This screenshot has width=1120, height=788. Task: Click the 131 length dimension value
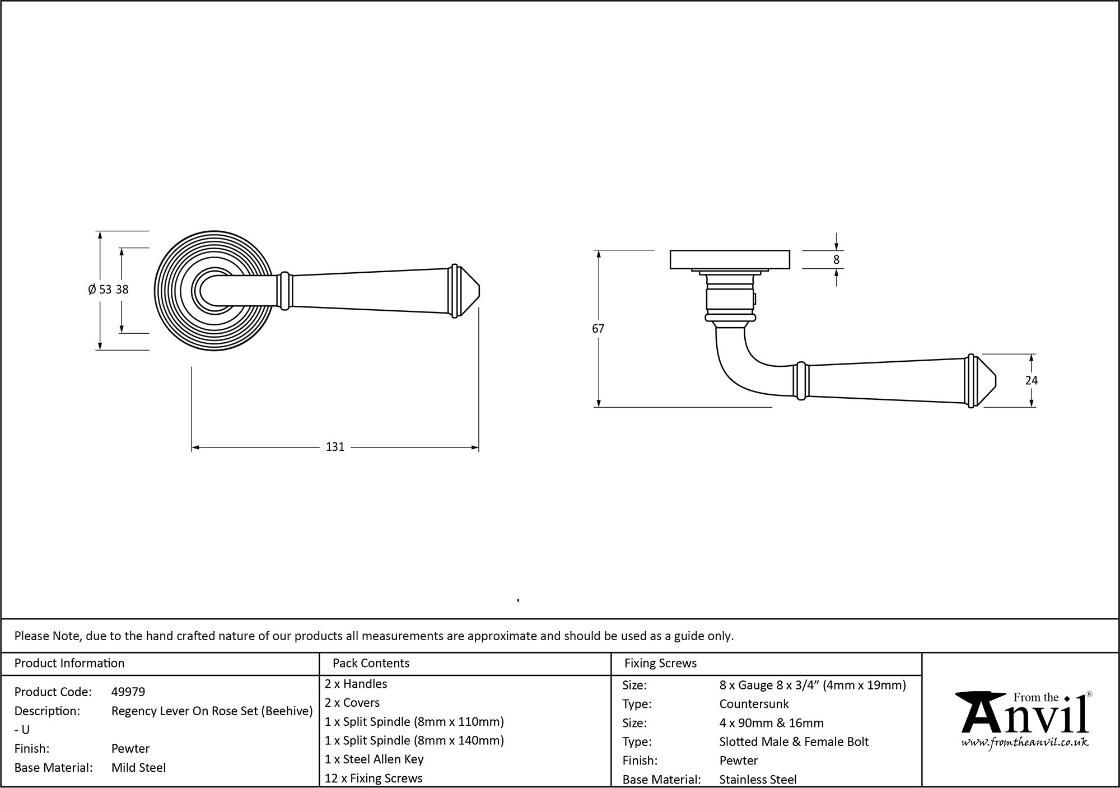335,447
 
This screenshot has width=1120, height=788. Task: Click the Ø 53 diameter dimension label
100,290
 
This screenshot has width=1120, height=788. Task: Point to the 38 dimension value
122,290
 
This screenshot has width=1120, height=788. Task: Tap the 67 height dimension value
598,329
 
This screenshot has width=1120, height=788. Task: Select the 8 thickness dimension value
836,260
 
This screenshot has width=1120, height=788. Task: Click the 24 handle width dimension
1031,380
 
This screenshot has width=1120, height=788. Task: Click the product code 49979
128,692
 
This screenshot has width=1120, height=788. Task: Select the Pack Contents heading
371,663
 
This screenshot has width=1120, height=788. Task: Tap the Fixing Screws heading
660,663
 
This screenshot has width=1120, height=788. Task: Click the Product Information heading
69,663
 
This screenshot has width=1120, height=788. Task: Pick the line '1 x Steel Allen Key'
374,759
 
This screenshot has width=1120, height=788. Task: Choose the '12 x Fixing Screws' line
374,778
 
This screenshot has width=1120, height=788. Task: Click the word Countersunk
754,704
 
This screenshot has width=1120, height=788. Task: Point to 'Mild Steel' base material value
138,767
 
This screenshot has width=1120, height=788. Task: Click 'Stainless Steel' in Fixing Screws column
758,779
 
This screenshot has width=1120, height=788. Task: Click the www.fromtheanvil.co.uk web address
1025,743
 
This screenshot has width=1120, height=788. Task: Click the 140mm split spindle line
414,740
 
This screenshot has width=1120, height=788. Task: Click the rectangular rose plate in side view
730,260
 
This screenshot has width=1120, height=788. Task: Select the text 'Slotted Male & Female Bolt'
794,742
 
